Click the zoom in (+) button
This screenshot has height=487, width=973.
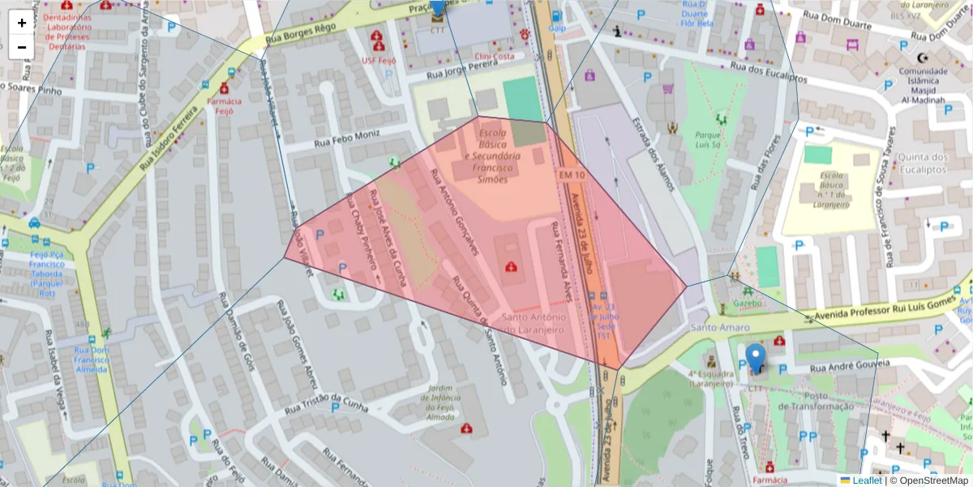coord(22,23)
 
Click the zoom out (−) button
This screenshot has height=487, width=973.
coord(22,47)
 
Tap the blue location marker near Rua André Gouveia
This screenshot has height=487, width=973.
coord(756,358)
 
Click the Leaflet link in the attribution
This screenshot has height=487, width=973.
coord(867,481)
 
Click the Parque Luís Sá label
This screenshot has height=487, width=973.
coord(707,140)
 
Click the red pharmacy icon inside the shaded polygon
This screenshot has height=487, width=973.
coord(511,267)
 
